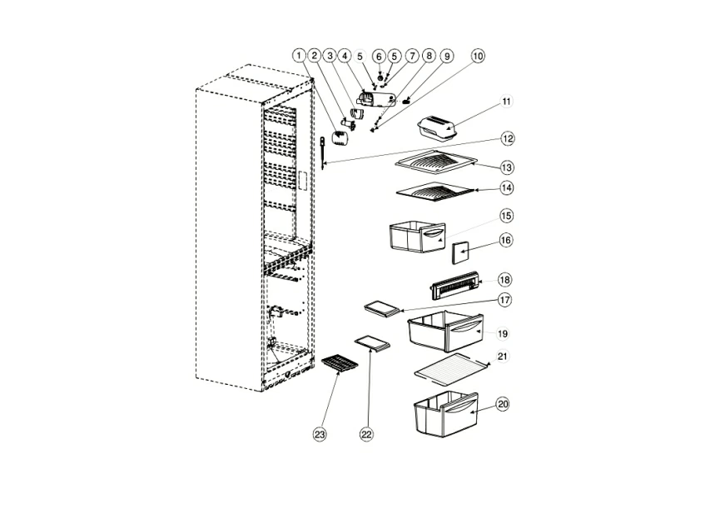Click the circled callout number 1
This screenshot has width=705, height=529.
pyautogui.click(x=299, y=55)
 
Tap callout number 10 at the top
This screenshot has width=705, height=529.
pyautogui.click(x=477, y=56)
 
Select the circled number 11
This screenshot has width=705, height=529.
pyautogui.click(x=507, y=102)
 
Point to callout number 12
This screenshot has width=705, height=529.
pyautogui.click(x=507, y=138)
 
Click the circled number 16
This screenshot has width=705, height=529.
pyautogui.click(x=506, y=240)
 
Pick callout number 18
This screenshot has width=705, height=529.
pyautogui.click(x=505, y=279)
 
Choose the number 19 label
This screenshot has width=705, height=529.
pyautogui.click(x=503, y=333)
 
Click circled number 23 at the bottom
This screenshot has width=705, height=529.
pyautogui.click(x=320, y=433)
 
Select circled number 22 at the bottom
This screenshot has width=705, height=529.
pyautogui.click(x=367, y=433)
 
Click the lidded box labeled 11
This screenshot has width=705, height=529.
pyautogui.click(x=436, y=128)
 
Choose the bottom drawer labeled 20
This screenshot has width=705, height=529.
pyautogui.click(x=445, y=412)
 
